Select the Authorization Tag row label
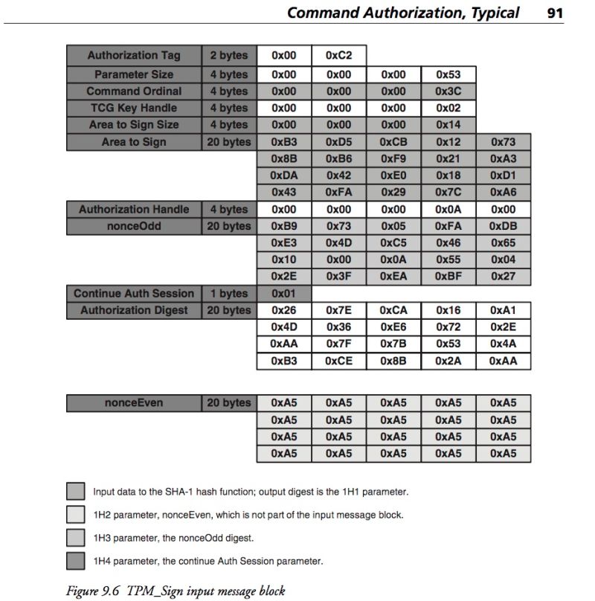click(x=134, y=56)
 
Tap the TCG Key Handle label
click(x=134, y=108)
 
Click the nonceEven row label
click(x=134, y=403)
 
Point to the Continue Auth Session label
click(x=134, y=294)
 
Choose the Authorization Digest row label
click(x=134, y=310)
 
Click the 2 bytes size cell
click(x=228, y=56)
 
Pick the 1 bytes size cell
click(x=228, y=294)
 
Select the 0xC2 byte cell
click(x=338, y=56)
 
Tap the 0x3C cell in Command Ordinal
click(x=448, y=91)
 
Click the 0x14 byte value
click(x=448, y=125)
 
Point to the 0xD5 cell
click(x=338, y=142)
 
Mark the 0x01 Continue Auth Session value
click(x=283, y=294)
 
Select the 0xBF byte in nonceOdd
click(x=448, y=277)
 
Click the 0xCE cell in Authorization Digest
click(x=338, y=361)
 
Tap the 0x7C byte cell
click(x=448, y=193)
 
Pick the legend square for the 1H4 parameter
click(x=75, y=561)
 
